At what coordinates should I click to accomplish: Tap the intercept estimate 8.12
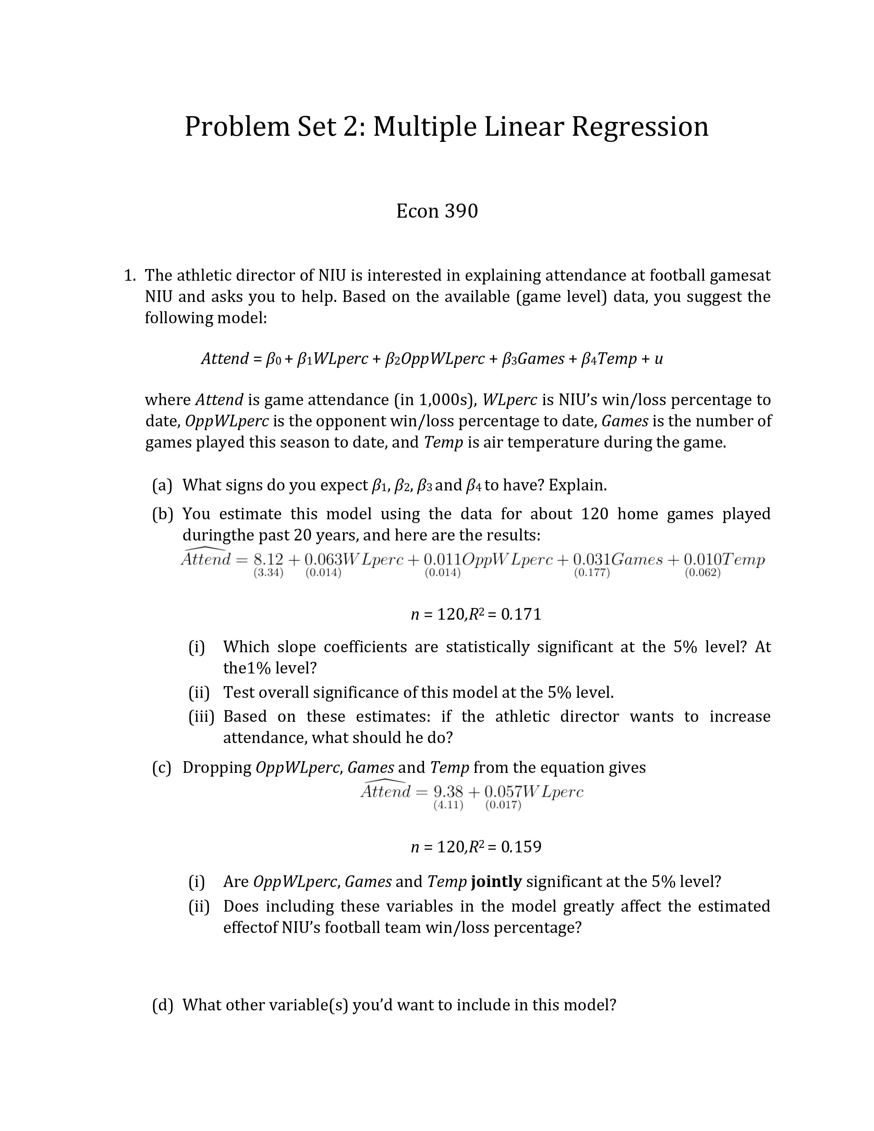point(268,559)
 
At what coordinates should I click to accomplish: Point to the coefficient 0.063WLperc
point(353,559)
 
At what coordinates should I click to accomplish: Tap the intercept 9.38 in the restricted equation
point(448,791)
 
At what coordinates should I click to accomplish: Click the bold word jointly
point(496,881)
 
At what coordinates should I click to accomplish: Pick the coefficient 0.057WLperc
point(533,791)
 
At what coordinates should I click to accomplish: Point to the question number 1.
point(129,276)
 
